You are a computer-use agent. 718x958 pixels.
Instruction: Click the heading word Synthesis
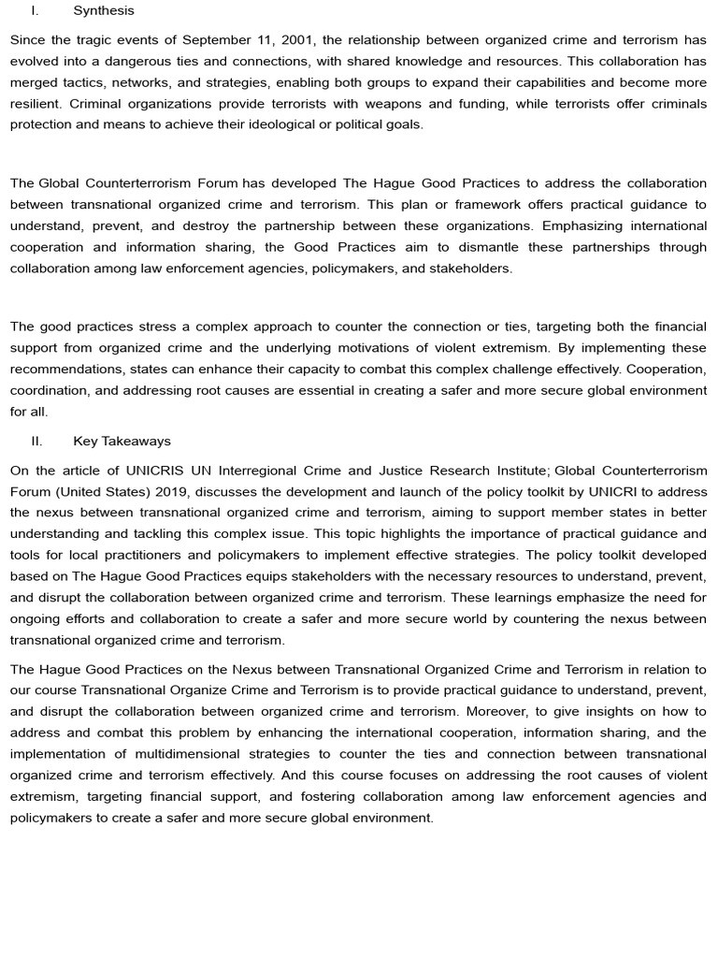point(104,11)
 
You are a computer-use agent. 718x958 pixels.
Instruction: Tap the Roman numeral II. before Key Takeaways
point(37,441)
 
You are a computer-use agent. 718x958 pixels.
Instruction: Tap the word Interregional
point(270,470)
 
